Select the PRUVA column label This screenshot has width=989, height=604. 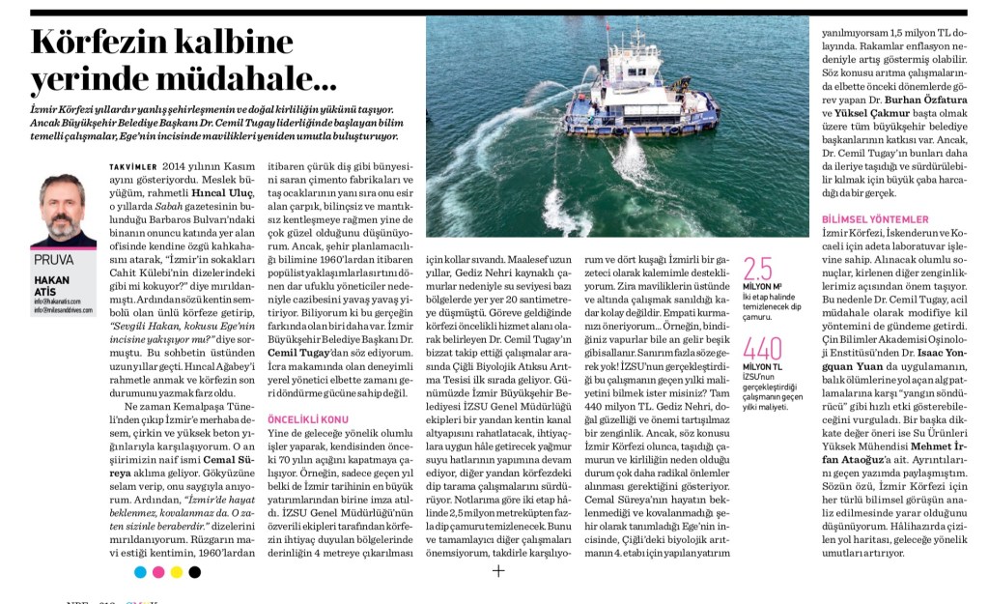54,260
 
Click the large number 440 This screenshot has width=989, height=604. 763,350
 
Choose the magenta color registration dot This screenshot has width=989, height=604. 158,572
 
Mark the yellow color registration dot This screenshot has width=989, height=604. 177,572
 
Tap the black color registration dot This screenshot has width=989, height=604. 195,572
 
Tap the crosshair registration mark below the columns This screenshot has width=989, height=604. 498,571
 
